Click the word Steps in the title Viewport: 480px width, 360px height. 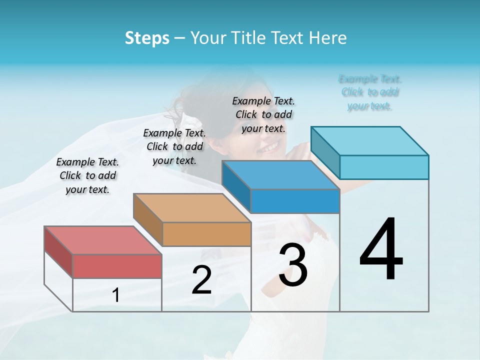[147, 38]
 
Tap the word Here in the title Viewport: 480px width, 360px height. [327, 38]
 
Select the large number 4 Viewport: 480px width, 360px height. [381, 250]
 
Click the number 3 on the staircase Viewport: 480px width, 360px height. [293, 265]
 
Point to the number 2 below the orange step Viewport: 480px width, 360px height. [201, 280]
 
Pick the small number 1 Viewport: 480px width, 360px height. [116, 295]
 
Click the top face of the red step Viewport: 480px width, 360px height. [102, 240]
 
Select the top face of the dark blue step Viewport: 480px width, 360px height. [280, 175]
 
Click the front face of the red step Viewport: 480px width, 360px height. [117, 266]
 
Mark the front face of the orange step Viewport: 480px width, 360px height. [206, 234]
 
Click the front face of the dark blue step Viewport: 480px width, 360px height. [295, 201]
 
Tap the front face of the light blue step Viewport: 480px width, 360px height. [384, 167]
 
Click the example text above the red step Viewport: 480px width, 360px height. [87, 175]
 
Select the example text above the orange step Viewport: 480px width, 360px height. [174, 146]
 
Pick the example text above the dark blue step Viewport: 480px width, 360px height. [263, 114]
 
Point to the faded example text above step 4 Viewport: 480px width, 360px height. [370, 92]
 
